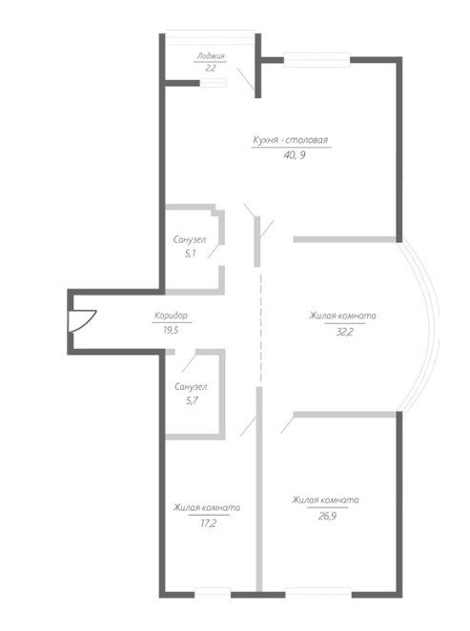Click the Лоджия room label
tap(211, 56)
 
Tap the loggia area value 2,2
tap(211, 68)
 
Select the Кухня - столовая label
tap(291, 140)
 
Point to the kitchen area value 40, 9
tap(295, 155)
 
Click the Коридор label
tap(171, 315)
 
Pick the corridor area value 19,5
tap(171, 330)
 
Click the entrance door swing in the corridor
tap(83, 321)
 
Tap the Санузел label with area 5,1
tap(190, 239)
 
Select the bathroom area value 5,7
tap(192, 401)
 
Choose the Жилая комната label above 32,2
tap(343, 315)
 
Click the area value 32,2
tap(345, 332)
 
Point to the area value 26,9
tap(327, 516)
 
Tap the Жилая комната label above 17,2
tap(207, 507)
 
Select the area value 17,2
tap(209, 523)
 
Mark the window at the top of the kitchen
tap(317, 60)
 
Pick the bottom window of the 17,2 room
tap(213, 594)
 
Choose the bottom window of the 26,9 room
tap(318, 593)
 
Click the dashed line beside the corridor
tap(260, 328)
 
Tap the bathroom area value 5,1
tap(191, 254)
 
